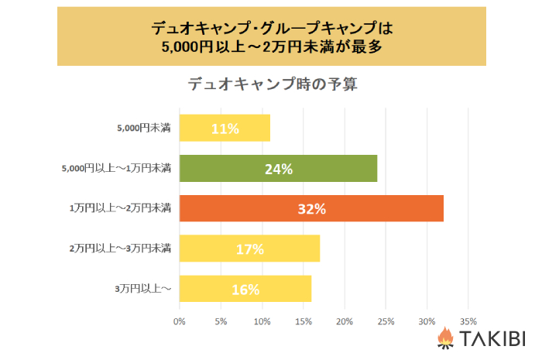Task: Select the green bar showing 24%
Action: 278,169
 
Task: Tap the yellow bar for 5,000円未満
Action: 225,129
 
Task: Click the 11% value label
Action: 225,129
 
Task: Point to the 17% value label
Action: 249,249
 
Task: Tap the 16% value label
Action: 245,290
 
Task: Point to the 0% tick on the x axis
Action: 180,320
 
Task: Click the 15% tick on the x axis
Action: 303,320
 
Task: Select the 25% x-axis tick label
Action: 386,320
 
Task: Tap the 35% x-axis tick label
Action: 468,320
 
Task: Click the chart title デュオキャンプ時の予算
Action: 273,84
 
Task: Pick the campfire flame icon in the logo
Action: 445,338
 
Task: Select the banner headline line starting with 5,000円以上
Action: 272,46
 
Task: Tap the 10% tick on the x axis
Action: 262,320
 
